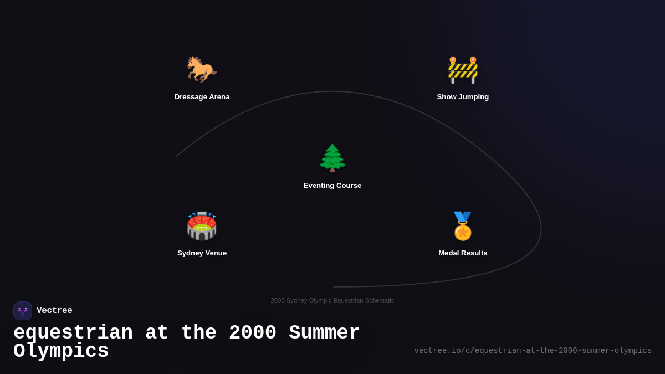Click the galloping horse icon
click(202, 69)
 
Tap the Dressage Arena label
click(202, 97)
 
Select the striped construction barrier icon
click(463, 70)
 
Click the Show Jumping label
click(463, 97)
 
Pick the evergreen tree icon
click(332, 158)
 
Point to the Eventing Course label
click(332, 186)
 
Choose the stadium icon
click(202, 226)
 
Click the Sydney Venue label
click(202, 253)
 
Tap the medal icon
click(463, 226)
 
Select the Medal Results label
click(463, 253)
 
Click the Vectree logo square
click(23, 311)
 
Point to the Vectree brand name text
click(54, 311)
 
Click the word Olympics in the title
click(61, 351)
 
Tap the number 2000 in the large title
click(252, 333)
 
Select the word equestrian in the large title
click(73, 333)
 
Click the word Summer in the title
click(324, 333)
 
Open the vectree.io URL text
click(533, 351)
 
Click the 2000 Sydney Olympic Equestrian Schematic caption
click(332, 300)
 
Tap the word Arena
click(217, 97)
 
